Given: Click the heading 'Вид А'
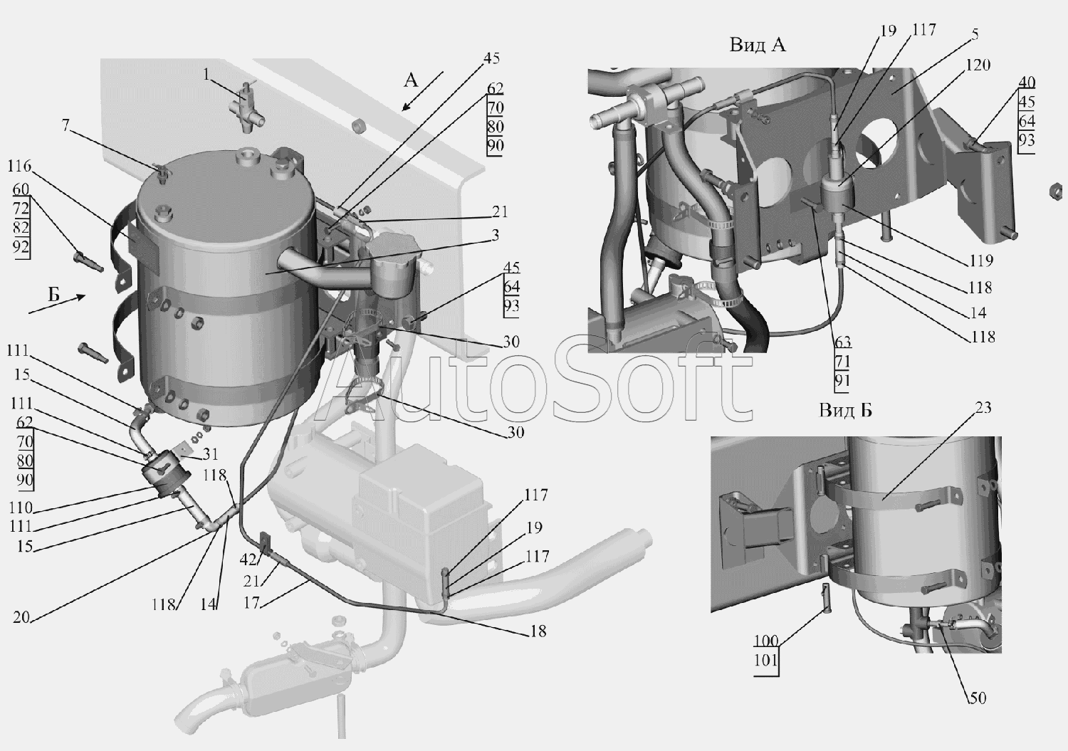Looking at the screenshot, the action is (x=757, y=45).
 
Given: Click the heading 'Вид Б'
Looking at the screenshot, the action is (x=845, y=410).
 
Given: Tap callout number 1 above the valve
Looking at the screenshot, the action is (x=206, y=74).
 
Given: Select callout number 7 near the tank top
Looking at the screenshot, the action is (x=66, y=125).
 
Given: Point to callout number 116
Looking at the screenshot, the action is (x=19, y=166).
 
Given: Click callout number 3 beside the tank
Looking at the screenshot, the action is (x=496, y=235).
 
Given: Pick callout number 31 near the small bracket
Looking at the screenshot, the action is (x=210, y=453).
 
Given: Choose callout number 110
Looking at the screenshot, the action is (x=19, y=508).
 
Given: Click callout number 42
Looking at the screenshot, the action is (x=248, y=560).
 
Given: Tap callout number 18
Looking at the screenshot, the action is (x=538, y=631).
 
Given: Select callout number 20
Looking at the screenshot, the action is (x=21, y=618).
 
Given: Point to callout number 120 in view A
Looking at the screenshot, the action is (x=978, y=65).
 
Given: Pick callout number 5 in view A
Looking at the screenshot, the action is (x=975, y=34).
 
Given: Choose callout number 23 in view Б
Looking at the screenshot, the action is (x=983, y=408).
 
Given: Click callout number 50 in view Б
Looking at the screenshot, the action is (x=978, y=698).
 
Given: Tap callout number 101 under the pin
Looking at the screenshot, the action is (x=765, y=661).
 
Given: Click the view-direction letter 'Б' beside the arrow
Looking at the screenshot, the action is (x=54, y=295).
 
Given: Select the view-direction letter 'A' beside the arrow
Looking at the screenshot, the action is (x=411, y=80).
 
